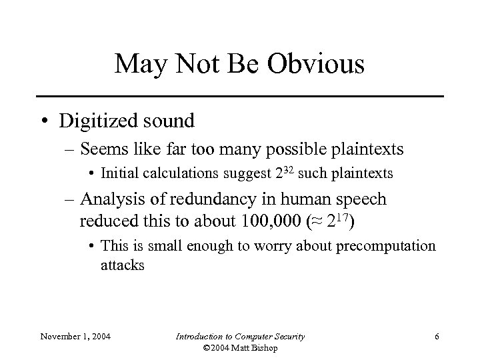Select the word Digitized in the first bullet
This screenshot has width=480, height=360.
coord(98,121)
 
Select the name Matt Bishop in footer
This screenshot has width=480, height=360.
coord(258,349)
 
